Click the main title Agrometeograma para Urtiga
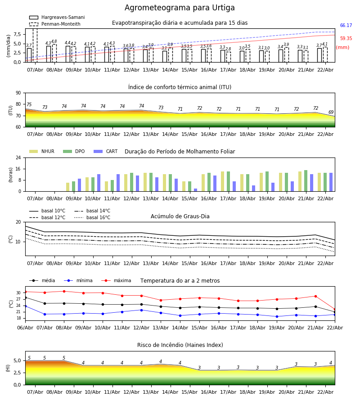pos(180,8)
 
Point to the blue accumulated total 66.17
pos(346,26)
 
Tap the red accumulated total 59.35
pos(346,39)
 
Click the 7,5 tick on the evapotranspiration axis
pos(16,34)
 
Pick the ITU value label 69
pos(331,112)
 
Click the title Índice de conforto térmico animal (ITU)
pos(180,87)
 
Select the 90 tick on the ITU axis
pos(18,93)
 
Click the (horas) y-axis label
pos(10,175)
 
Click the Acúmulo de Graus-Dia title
pos(180,216)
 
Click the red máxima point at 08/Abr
pos(64,291)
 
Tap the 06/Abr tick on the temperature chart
pos(25,328)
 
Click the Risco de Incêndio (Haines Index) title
pos(180,345)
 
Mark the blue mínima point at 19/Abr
pos(277,316)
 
